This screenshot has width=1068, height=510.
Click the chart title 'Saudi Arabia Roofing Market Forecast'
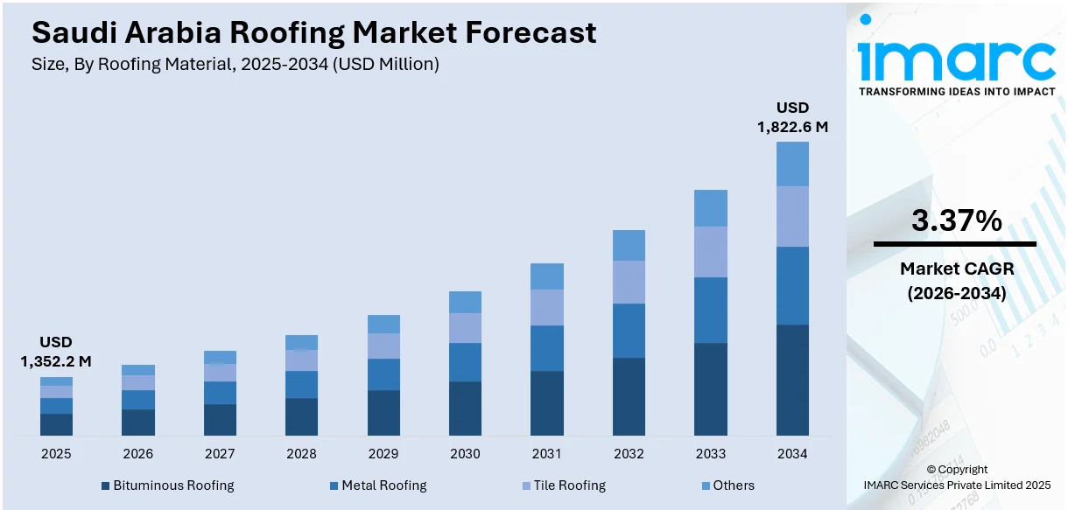point(313,32)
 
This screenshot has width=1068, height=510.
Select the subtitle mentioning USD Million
point(235,64)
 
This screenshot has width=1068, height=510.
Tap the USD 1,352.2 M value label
point(56,352)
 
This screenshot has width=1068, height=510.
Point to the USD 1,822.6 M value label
point(792,117)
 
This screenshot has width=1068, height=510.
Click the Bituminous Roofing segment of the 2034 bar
point(792,380)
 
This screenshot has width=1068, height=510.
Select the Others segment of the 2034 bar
point(792,164)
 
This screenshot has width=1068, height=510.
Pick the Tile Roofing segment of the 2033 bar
point(710,252)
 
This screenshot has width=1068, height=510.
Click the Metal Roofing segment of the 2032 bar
point(629,331)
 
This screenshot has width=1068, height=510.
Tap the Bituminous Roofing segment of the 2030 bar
point(465,409)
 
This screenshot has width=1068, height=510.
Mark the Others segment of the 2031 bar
point(547,276)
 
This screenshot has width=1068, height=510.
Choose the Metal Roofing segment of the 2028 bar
point(301,384)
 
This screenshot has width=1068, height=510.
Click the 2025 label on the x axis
point(56,454)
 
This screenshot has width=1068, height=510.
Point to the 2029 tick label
point(383,454)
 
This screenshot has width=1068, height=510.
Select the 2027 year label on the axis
point(220,454)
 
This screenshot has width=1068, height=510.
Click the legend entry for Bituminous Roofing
point(167,486)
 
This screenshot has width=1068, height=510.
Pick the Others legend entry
point(727,486)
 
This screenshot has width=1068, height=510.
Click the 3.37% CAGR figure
point(956,221)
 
